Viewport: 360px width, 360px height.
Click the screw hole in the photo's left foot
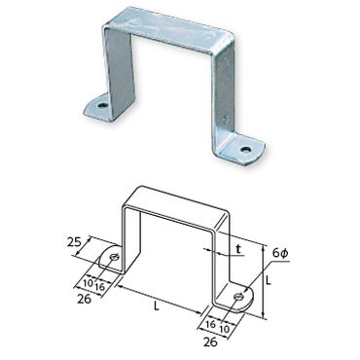click(103, 105)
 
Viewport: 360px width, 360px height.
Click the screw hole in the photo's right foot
click(245, 150)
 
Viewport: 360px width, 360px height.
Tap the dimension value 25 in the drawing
click(75, 242)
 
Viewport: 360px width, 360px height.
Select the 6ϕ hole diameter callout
click(280, 253)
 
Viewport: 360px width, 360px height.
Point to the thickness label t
click(238, 249)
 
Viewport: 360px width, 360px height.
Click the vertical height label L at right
click(268, 280)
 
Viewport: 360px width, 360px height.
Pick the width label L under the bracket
click(157, 306)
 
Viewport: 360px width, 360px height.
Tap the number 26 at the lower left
click(85, 299)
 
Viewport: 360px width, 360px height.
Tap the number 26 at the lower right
click(210, 342)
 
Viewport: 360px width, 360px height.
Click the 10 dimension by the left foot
click(88, 283)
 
